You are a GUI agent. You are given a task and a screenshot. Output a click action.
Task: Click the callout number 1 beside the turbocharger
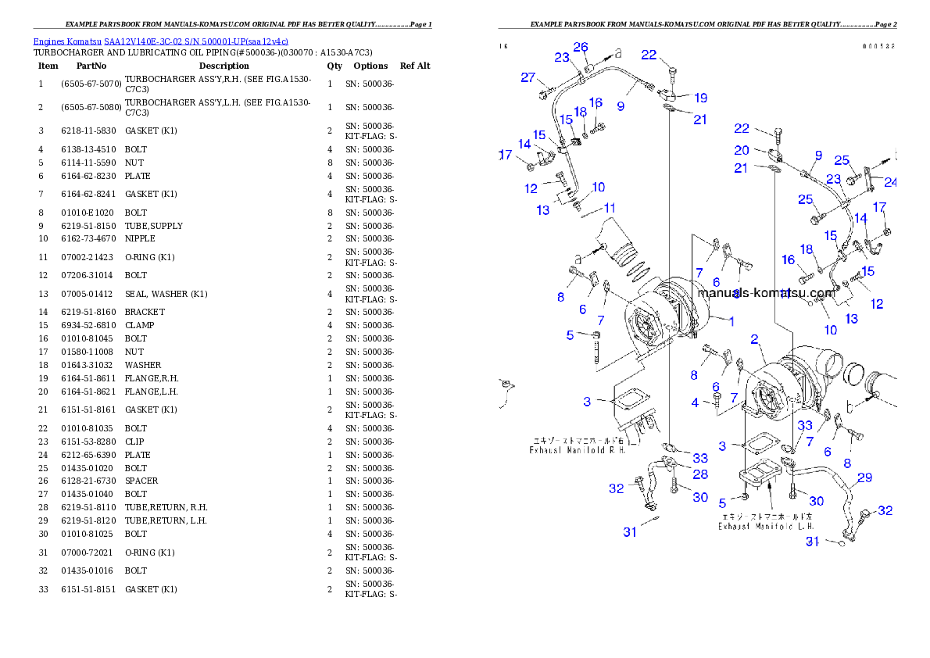[731, 320]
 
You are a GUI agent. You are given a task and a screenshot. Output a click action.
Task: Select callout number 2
[755, 339]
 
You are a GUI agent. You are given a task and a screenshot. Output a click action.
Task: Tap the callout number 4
[695, 403]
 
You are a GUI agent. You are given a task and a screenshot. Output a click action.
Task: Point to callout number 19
[700, 98]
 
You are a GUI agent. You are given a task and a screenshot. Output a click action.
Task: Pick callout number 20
[741, 150]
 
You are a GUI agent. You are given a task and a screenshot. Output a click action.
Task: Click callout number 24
[890, 184]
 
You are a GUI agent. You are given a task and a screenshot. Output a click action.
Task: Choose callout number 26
[580, 47]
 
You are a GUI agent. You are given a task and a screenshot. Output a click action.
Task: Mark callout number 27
[528, 77]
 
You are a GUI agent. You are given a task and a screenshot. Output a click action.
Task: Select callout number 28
[700, 474]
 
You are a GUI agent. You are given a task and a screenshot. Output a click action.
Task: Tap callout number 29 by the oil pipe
[864, 477]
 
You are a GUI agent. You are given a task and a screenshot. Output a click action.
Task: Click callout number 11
[610, 208]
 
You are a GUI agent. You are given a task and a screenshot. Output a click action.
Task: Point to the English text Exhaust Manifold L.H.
[766, 526]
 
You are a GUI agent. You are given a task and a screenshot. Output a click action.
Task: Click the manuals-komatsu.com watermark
[765, 294]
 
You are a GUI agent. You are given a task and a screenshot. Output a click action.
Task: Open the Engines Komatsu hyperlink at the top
[160, 41]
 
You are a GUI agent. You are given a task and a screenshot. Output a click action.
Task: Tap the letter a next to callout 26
[617, 53]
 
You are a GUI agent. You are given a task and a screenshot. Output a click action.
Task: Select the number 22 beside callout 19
[649, 55]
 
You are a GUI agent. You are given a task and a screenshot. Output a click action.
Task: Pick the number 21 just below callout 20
[741, 168]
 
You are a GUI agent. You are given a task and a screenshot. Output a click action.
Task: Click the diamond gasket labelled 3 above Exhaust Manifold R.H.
[626, 402]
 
